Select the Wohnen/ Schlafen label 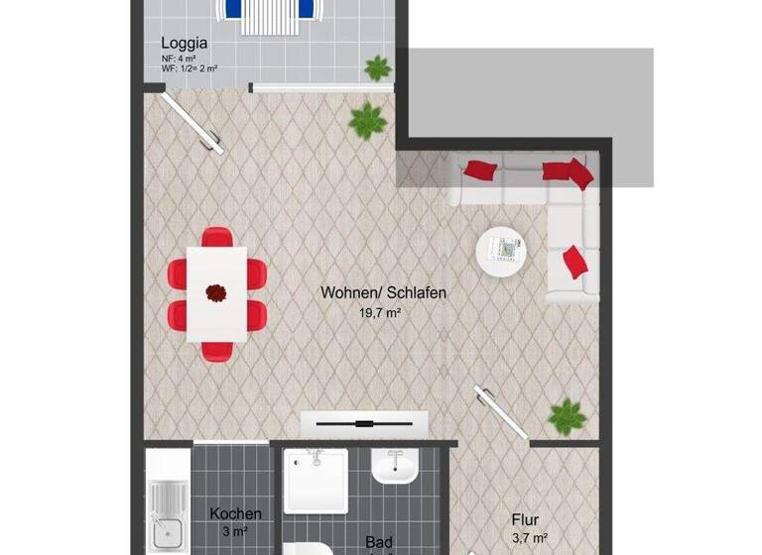pyautogui.click(x=383, y=293)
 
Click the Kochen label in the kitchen pyautogui.click(x=236, y=513)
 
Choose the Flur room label pyautogui.click(x=525, y=518)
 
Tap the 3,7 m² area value pyautogui.click(x=529, y=537)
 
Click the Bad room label pyautogui.click(x=378, y=542)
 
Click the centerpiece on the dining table pyautogui.click(x=215, y=292)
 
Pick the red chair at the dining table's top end pyautogui.click(x=216, y=238)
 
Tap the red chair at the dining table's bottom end pyautogui.click(x=216, y=349)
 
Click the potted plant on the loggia pyautogui.click(x=377, y=68)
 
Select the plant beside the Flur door pyautogui.click(x=567, y=416)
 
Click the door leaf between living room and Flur pyautogui.click(x=502, y=411)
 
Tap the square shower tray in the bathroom pyautogui.click(x=316, y=481)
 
